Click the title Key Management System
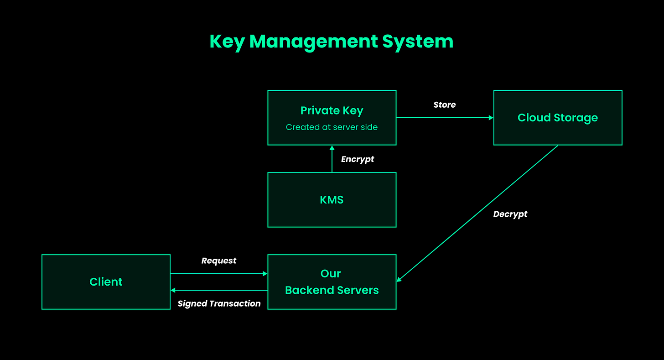(x=332, y=42)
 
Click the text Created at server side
(x=332, y=127)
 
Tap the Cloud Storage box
(x=557, y=118)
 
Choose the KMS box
(x=332, y=200)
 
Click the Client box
(x=106, y=282)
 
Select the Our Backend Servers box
(x=332, y=282)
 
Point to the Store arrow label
(x=444, y=105)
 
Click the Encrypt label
(x=358, y=159)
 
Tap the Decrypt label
(x=510, y=214)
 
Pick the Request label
(x=219, y=261)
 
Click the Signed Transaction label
(x=219, y=304)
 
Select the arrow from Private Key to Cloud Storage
(x=445, y=118)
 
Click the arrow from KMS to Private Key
(x=332, y=159)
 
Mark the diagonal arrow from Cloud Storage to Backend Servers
(x=477, y=214)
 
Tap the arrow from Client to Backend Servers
(x=219, y=274)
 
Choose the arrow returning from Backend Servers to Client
(x=219, y=290)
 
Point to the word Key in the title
(x=227, y=42)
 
